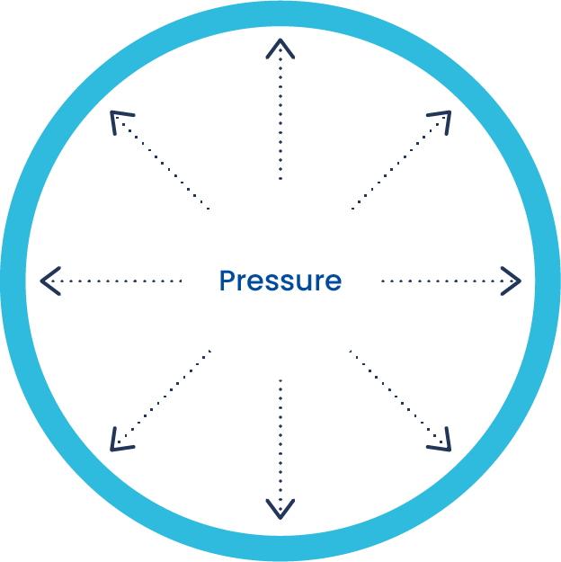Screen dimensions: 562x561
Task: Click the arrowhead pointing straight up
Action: point(280,47)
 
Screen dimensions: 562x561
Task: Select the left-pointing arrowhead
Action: point(49,281)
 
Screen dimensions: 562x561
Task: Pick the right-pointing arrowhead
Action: point(513,281)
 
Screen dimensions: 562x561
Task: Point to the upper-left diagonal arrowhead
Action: point(119,120)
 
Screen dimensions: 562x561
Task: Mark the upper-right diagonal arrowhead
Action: point(442,120)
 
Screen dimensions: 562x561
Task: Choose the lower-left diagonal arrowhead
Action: point(119,442)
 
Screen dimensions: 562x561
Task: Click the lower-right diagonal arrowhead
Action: point(442,442)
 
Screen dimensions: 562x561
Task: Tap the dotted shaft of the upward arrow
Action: point(280,117)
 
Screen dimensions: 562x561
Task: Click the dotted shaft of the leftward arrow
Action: point(117,281)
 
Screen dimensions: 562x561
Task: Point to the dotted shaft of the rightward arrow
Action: point(445,281)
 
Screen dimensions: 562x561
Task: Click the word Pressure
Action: point(280,281)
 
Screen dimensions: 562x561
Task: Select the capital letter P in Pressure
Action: point(227,281)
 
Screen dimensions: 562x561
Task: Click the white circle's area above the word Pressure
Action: point(280,225)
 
